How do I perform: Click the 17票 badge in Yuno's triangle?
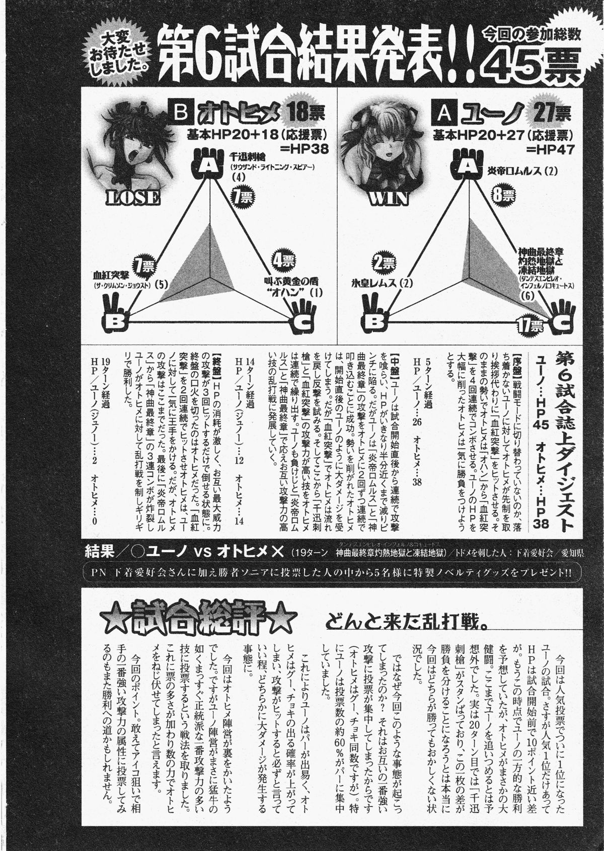click(x=530, y=327)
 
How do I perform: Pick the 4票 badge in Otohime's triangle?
click(x=283, y=261)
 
